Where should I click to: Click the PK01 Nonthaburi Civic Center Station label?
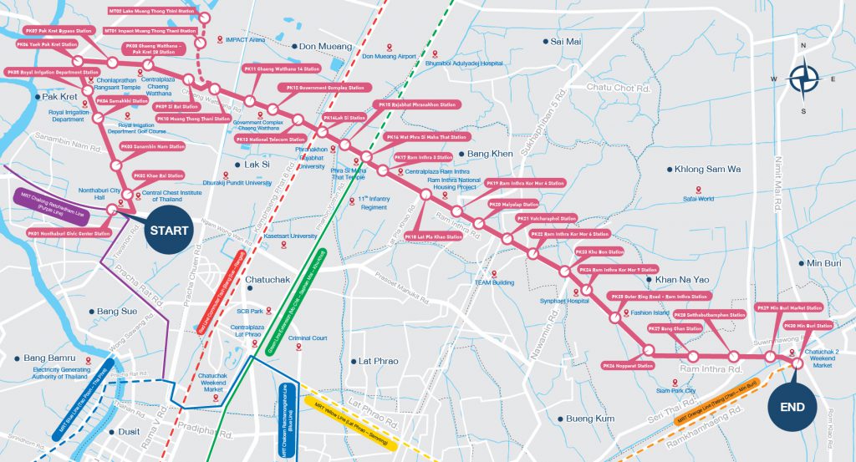[x=69, y=234]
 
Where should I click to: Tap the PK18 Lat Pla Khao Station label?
[x=433, y=237]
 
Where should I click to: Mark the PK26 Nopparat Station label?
[x=628, y=366]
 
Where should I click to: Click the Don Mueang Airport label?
[x=389, y=57]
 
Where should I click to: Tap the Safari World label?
[x=698, y=199]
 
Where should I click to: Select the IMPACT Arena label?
[x=247, y=39]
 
